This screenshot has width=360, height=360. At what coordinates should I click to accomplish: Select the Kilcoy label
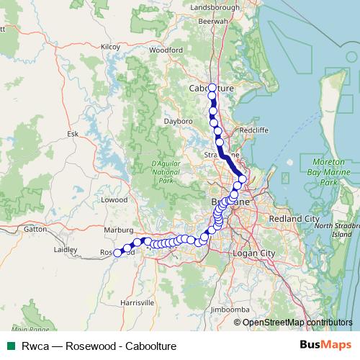click(110, 46)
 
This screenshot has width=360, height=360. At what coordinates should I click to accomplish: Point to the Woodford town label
click(166, 50)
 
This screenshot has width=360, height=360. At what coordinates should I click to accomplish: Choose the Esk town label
click(73, 134)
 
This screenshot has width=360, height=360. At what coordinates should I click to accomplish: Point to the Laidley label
click(66, 250)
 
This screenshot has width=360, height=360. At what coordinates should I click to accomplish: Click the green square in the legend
click(10, 346)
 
